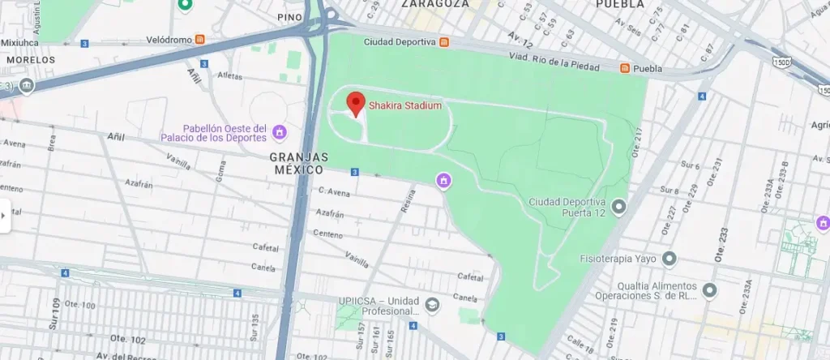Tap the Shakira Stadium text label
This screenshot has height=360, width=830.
[405, 105]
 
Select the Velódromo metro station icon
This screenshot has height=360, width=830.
[199, 38]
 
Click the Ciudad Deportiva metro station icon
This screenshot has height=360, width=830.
[444, 41]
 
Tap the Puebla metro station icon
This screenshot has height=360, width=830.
[625, 68]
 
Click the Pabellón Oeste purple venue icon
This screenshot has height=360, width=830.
[280, 132]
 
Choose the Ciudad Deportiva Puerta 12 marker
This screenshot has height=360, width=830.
[619, 208]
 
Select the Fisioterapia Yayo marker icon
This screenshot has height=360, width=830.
[669, 259]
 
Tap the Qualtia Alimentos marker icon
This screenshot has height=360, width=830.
[709, 289]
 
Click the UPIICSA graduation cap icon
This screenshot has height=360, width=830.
[432, 304]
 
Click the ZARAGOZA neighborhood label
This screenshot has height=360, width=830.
[434, 4]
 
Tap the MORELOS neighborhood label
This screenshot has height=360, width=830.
[30, 60]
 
